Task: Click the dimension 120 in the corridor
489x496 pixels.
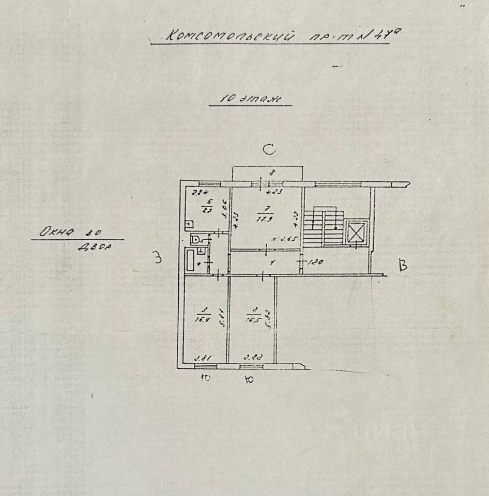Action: [316, 262]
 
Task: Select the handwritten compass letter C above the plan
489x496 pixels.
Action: [269, 150]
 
